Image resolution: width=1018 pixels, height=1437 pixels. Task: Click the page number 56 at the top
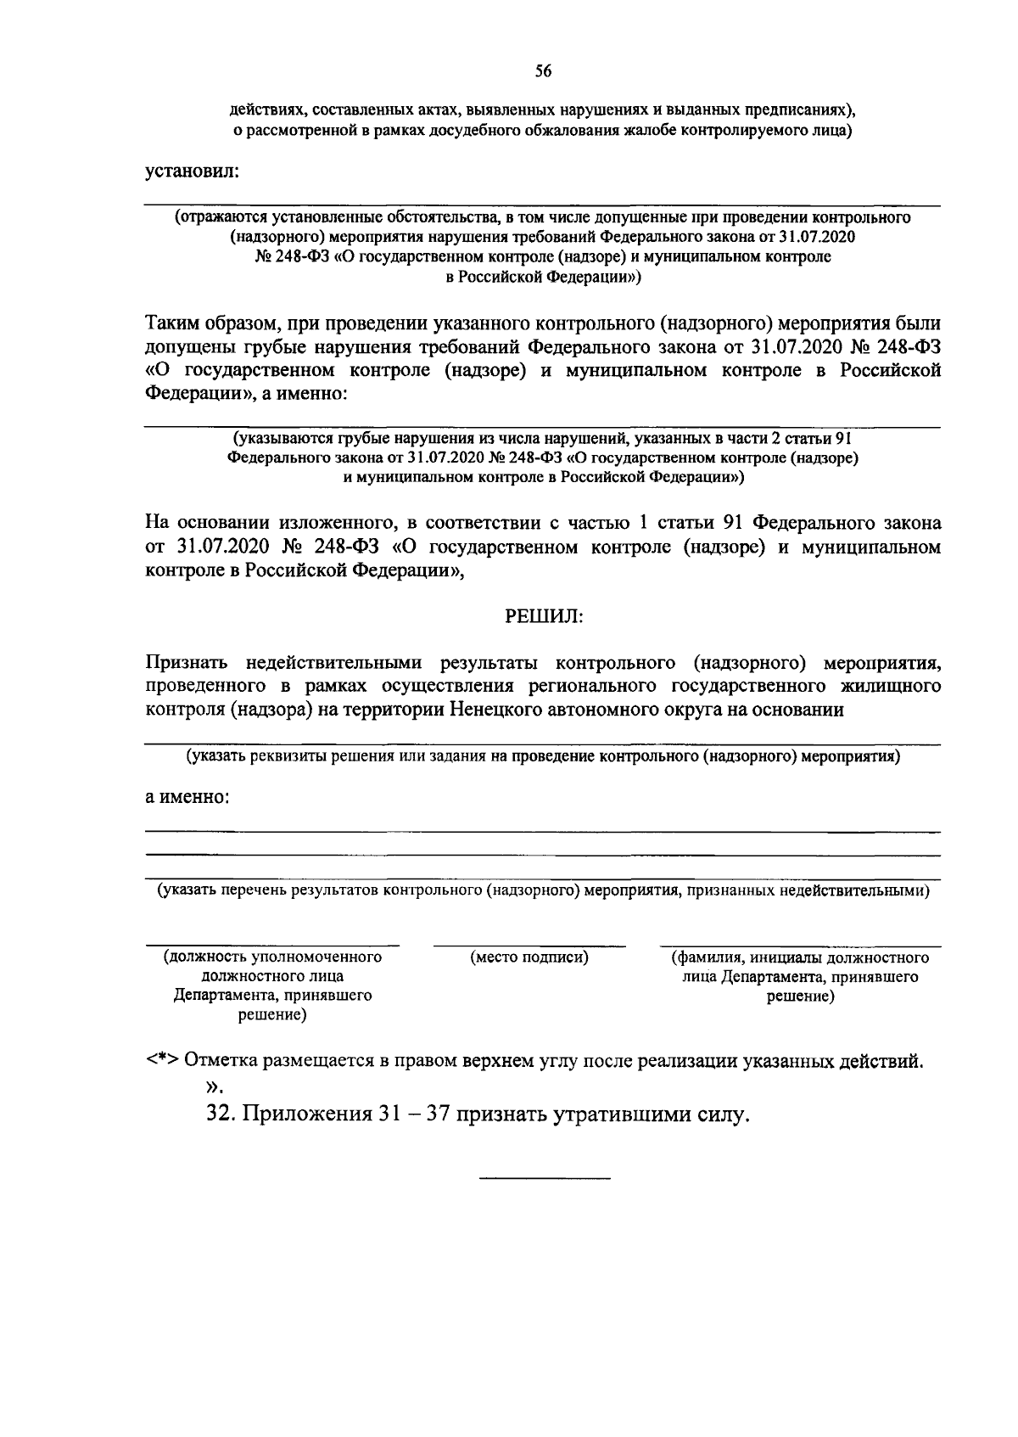click(x=543, y=72)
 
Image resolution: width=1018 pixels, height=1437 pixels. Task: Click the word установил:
click(x=193, y=171)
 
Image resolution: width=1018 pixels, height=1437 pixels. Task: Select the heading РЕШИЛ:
click(x=543, y=616)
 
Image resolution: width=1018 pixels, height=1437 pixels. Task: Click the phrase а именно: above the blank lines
click(x=187, y=798)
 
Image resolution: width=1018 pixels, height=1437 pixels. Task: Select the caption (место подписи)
click(x=529, y=957)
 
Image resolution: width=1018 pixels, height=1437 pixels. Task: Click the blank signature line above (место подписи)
click(x=529, y=945)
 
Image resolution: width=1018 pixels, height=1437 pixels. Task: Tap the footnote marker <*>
click(x=161, y=1061)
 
